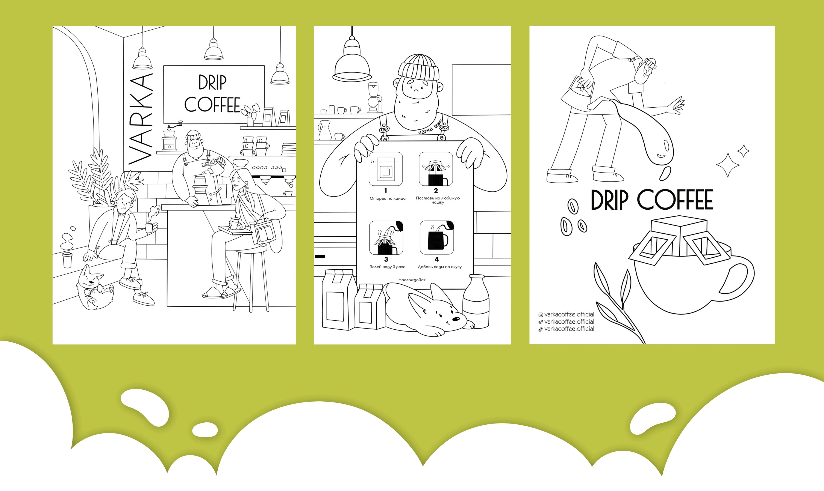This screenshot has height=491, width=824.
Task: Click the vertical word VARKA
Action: tap(140, 119)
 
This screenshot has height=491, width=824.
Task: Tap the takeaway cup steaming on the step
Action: tap(67, 260)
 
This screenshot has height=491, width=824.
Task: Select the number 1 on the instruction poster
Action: tap(386, 191)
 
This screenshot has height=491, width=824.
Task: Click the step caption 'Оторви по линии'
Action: tap(388, 198)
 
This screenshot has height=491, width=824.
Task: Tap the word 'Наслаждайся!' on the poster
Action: tap(412, 280)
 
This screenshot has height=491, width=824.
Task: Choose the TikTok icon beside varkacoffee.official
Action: tap(541, 329)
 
